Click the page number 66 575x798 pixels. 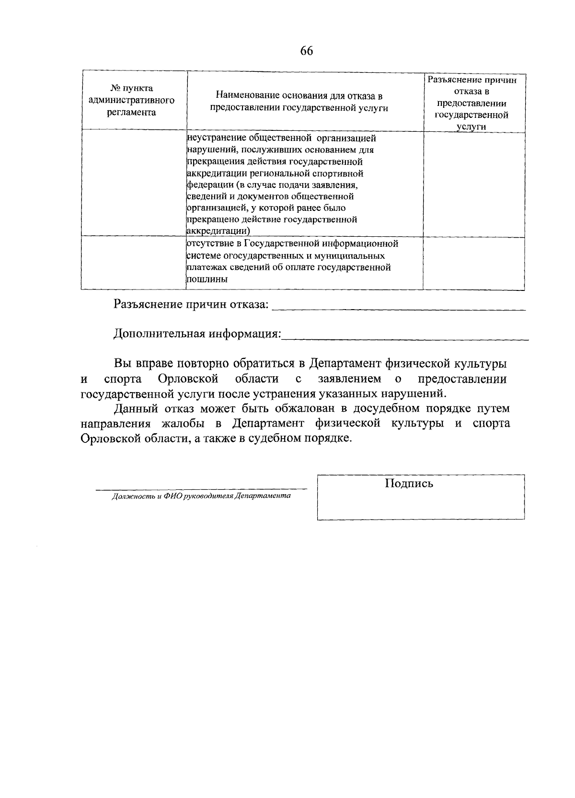306,51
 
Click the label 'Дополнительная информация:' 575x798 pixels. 197,334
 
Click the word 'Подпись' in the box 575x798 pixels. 409,484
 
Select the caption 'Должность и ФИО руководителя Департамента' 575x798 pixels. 201,496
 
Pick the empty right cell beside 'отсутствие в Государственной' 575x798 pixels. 473,263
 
